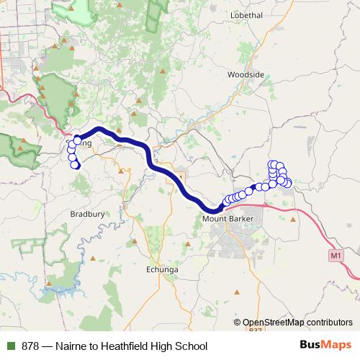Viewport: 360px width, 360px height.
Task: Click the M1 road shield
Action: [x=336, y=255]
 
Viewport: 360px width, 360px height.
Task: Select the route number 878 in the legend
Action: [x=30, y=346]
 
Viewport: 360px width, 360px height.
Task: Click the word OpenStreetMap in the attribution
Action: [x=273, y=323]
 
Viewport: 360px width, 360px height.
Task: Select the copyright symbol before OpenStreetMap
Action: [x=237, y=323]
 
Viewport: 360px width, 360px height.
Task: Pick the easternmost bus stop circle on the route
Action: [x=288, y=183]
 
